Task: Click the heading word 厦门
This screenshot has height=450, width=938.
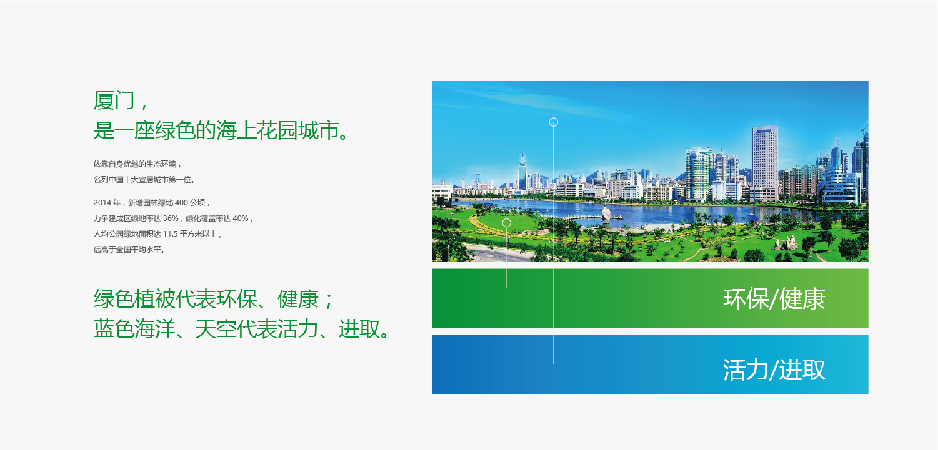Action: pos(114,100)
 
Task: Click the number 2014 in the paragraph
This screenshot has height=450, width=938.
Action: pos(102,203)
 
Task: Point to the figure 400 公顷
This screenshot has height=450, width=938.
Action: pos(190,203)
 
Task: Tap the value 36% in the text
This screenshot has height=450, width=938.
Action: pos(171,218)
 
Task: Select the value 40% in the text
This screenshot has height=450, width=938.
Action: pos(241,218)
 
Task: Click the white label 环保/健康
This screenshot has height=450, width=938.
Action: pos(774,298)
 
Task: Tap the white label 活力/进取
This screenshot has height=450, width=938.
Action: pos(774,369)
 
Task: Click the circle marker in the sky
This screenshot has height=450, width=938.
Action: pos(553,122)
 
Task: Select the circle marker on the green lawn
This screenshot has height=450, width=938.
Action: pos(506,223)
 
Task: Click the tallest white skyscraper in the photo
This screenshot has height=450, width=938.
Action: pos(765,163)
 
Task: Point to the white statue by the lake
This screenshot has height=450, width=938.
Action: pos(606,214)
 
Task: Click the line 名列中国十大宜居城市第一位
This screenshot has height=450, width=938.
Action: pos(144,180)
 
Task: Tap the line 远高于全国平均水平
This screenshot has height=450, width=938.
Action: pos(129,250)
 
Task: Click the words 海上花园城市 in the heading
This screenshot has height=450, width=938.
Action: pos(277,130)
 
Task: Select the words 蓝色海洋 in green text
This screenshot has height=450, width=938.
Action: pos(134,329)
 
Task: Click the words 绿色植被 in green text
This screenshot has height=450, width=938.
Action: pos(134,298)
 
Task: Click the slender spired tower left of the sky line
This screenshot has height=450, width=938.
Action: pos(522,172)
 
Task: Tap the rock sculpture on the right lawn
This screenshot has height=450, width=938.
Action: pos(786,243)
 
